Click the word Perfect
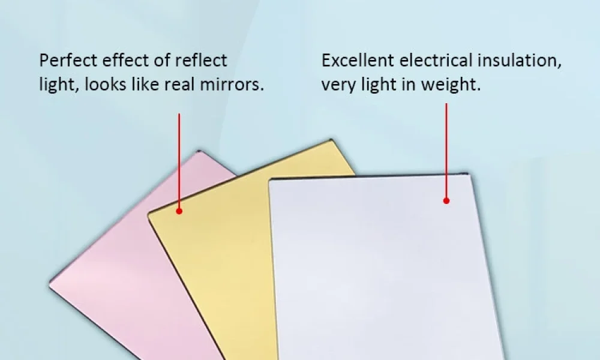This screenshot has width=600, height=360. coord(68,61)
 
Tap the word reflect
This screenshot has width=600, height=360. coord(201,61)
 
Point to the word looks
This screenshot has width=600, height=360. coord(105,84)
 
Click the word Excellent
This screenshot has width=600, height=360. coord(358,61)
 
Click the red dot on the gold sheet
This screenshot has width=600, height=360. coord(179,211)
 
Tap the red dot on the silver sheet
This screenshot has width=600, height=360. coord(446,200)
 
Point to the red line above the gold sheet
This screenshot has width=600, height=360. coord(179,161)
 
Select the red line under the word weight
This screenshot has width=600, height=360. coord(446,151)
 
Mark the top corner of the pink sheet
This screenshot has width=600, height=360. coord(199,151)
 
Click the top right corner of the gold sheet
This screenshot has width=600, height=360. coord(331,140)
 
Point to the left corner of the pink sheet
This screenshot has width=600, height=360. coord(50,284)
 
